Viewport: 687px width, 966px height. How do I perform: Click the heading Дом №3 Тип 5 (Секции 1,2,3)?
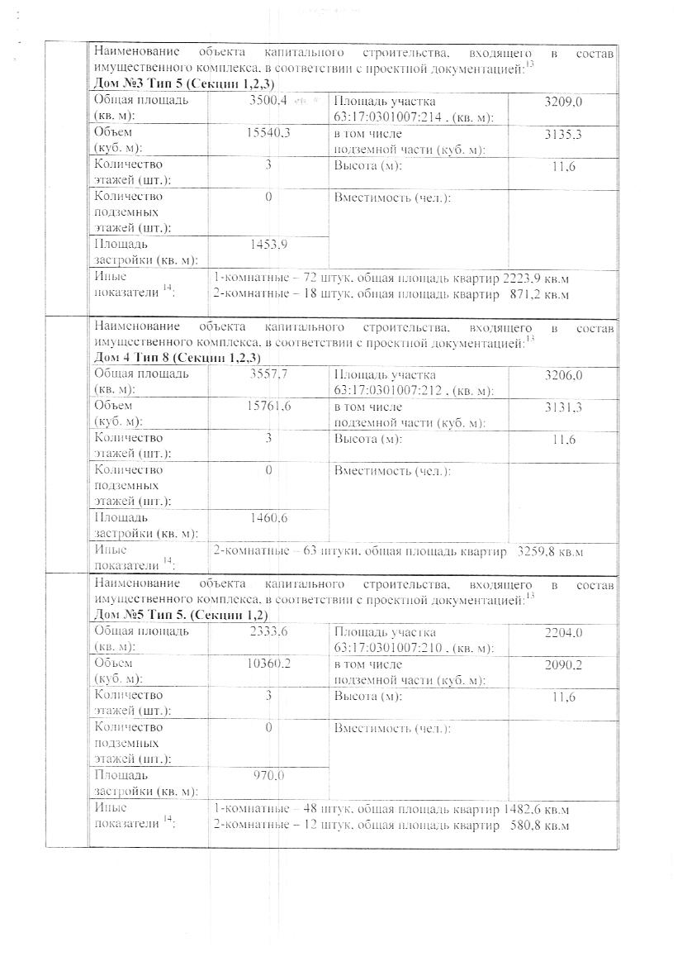pyautogui.click(x=184, y=84)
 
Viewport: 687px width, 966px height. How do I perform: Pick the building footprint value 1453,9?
pyautogui.click(x=268, y=245)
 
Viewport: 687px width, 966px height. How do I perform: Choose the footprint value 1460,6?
pyautogui.click(x=268, y=518)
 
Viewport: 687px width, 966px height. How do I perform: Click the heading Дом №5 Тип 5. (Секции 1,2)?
pyautogui.click(x=181, y=616)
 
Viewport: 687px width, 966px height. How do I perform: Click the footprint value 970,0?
pyautogui.click(x=268, y=776)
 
